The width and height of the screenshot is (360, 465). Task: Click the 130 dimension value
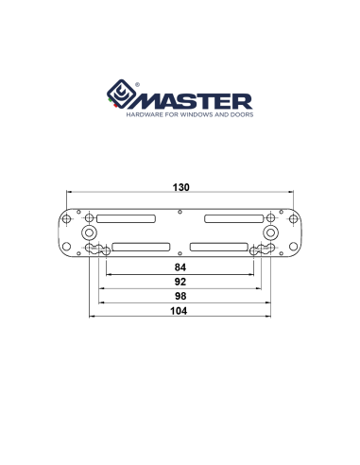(180, 187)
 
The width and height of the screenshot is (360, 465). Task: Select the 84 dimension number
(180, 267)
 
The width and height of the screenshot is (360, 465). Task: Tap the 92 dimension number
(180, 281)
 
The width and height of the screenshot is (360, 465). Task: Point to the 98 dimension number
(180, 295)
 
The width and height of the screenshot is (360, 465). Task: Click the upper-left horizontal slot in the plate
(126, 218)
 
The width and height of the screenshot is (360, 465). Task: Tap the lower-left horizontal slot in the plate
(141, 248)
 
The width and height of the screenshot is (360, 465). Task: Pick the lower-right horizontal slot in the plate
(219, 248)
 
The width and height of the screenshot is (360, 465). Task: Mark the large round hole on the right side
(270, 232)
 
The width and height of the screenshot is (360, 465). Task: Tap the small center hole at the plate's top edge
(180, 209)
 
